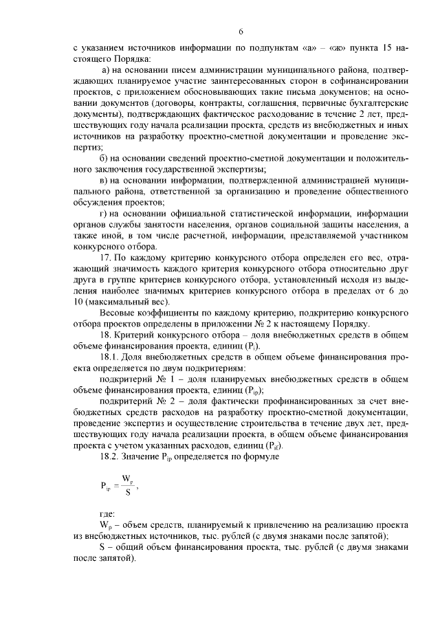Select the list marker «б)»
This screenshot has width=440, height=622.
coord(104,158)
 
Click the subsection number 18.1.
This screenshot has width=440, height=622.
coord(109,357)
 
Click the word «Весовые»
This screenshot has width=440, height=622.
coord(117,313)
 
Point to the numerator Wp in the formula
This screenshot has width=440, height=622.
coord(127,479)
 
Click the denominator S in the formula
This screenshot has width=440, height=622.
coord(126,493)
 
